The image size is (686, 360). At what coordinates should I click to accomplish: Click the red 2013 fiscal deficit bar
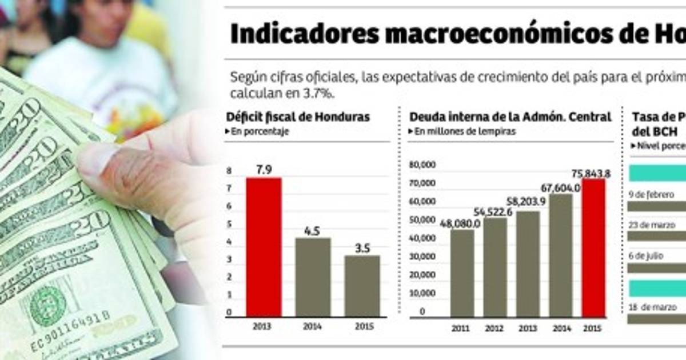pyautogui.click(x=264, y=247)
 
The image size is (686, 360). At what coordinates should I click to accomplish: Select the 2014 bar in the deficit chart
pyautogui.click(x=313, y=277)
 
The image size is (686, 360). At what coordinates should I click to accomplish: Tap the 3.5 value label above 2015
pyautogui.click(x=362, y=249)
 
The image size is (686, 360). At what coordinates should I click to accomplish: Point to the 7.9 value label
pyautogui.click(x=264, y=170)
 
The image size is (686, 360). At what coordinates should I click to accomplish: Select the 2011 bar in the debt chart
pyautogui.click(x=462, y=273)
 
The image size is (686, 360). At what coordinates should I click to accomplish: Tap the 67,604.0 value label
pyautogui.click(x=561, y=187)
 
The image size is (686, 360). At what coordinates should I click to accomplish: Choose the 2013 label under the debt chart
pyautogui.click(x=528, y=329)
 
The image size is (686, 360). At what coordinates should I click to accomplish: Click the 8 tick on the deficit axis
pyautogui.click(x=229, y=171)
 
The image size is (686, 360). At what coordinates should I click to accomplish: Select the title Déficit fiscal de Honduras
pyautogui.click(x=298, y=117)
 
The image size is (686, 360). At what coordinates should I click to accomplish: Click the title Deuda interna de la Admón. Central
pyautogui.click(x=510, y=117)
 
